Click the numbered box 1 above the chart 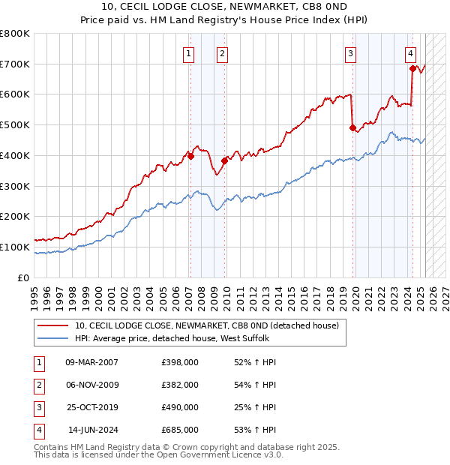click(x=187, y=52)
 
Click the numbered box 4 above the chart click(x=411, y=52)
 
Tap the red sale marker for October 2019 click(x=352, y=127)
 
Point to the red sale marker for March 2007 click(x=190, y=156)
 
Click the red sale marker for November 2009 click(x=224, y=160)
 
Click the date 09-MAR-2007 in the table click(x=91, y=363)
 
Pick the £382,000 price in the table click(x=180, y=385)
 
